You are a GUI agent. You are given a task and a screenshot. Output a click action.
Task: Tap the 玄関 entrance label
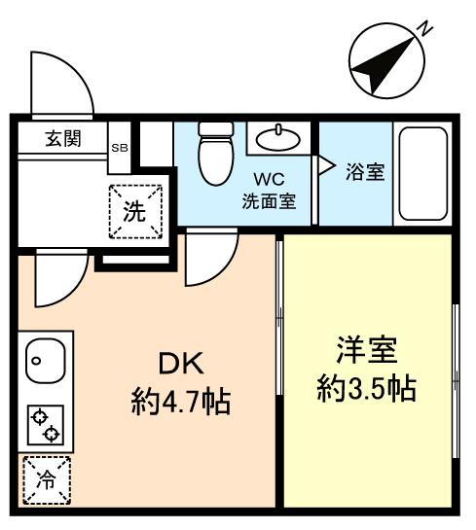pos(62,139)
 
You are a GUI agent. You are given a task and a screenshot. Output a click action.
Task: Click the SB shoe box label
pos(120,148)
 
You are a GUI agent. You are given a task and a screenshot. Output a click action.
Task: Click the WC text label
pos(270,180)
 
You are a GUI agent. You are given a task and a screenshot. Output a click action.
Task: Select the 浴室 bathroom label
pos(365,172)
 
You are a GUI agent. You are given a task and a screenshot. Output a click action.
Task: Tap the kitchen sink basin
pos(43,362)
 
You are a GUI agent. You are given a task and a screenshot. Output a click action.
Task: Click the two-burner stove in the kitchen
pos(43,423)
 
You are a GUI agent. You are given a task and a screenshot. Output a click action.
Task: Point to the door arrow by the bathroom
pos(327,165)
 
